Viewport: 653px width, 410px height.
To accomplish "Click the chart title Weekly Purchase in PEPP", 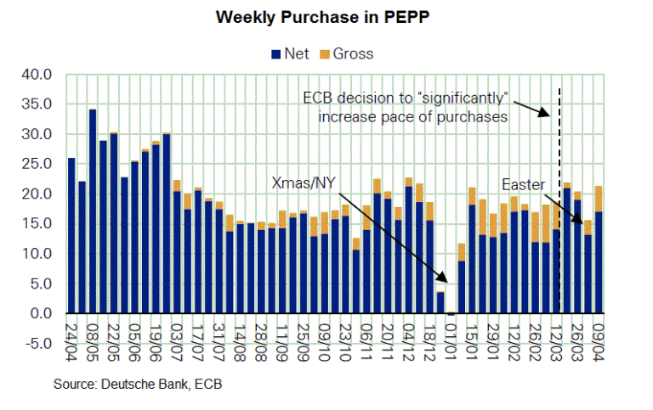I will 326,17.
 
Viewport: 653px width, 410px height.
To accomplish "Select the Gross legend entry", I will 347,53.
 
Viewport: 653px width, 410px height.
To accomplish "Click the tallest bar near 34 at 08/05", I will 93,211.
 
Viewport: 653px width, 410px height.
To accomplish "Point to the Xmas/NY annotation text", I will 304,183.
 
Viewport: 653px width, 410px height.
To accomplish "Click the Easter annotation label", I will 524,183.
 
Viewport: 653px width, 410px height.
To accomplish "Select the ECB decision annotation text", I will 412,106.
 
